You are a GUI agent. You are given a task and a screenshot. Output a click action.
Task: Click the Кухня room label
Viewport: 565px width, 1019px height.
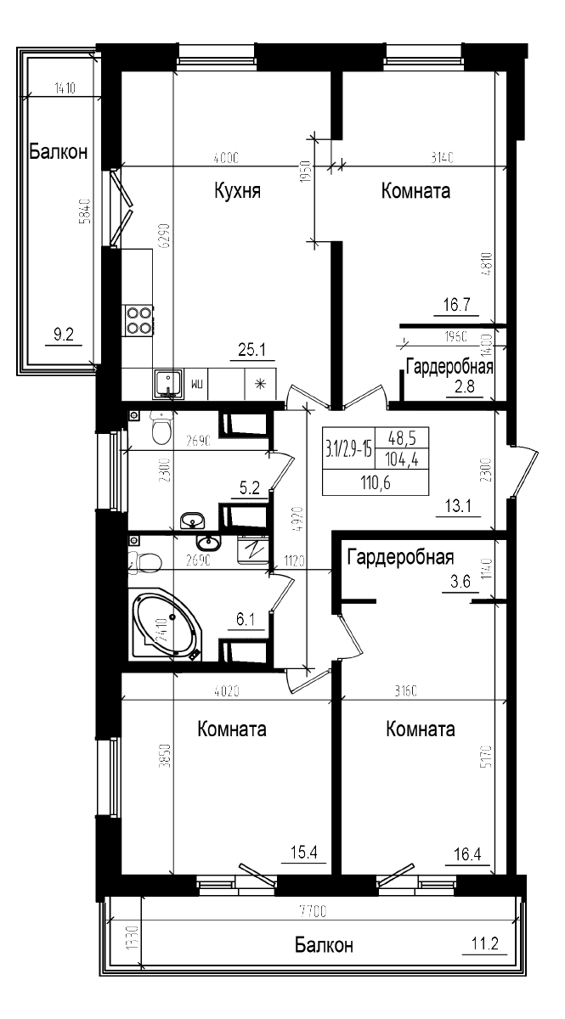click(x=237, y=191)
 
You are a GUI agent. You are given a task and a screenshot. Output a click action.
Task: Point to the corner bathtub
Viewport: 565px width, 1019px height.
click(x=167, y=627)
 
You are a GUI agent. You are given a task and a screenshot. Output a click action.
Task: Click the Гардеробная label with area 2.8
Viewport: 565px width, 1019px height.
click(x=449, y=368)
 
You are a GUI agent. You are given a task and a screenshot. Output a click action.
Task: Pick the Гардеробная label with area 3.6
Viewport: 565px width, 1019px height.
click(x=399, y=558)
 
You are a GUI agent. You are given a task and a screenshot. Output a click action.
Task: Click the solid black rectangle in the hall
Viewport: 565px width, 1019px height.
click(x=375, y=461)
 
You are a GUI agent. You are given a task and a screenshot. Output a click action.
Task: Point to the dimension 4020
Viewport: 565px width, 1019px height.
click(x=225, y=692)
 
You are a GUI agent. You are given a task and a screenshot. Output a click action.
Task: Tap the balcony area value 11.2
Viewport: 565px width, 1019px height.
click(x=483, y=943)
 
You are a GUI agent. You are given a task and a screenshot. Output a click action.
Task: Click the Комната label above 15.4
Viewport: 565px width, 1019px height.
click(x=232, y=729)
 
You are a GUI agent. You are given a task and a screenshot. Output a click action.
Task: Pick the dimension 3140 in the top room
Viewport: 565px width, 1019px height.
click(x=444, y=157)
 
